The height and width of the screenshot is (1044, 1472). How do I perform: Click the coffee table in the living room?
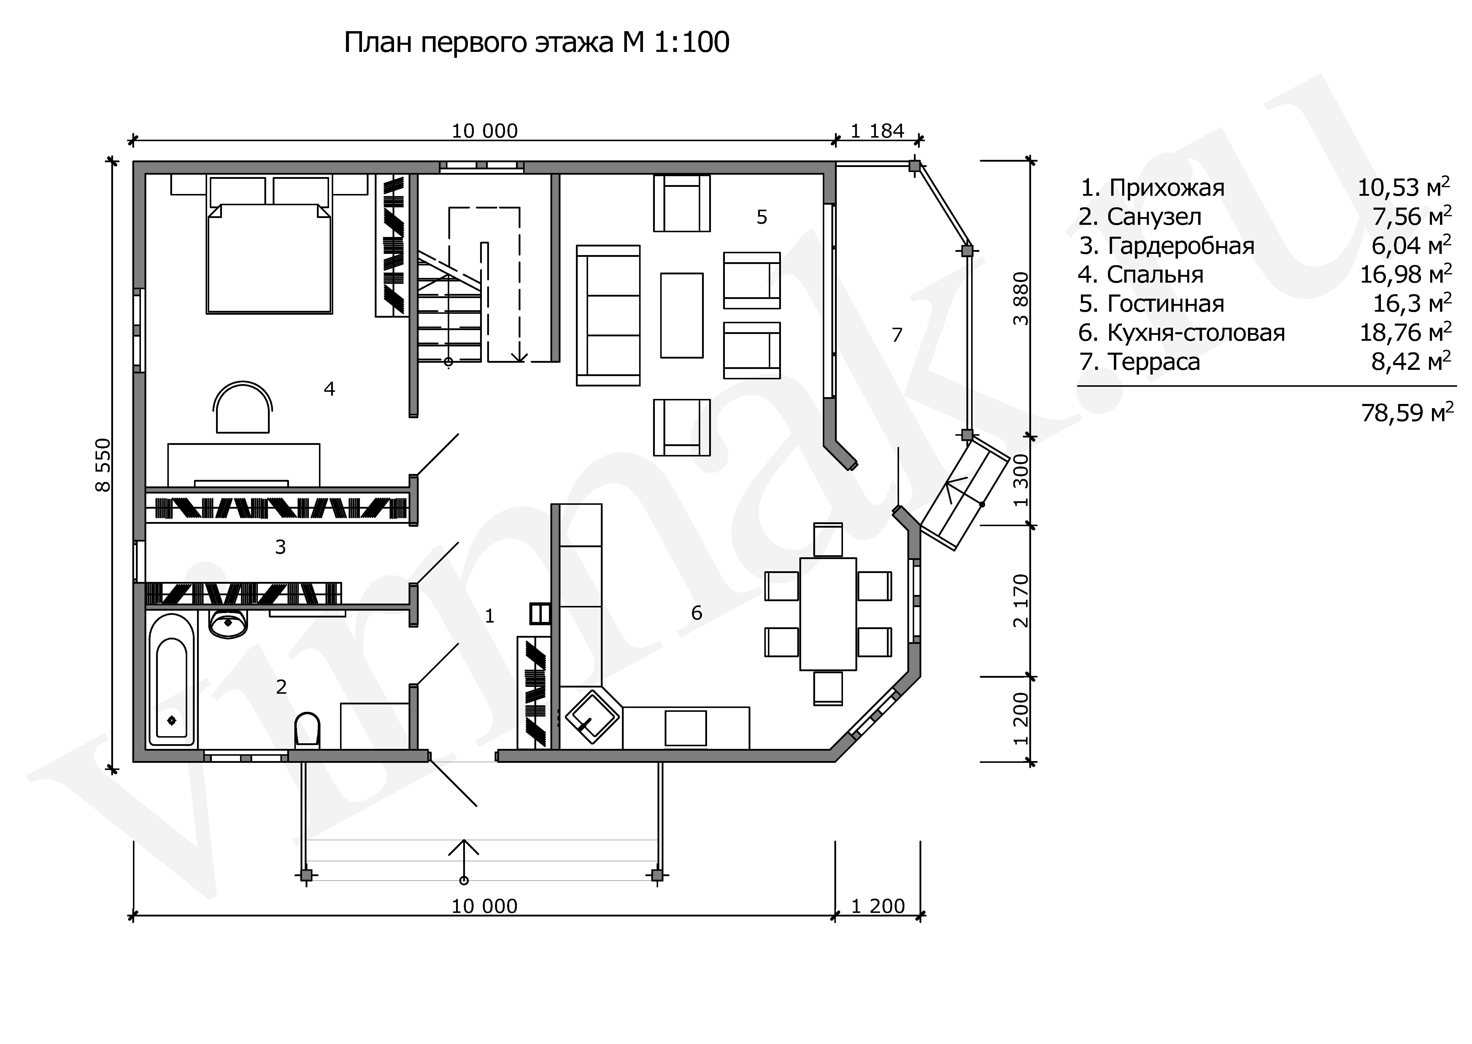682,315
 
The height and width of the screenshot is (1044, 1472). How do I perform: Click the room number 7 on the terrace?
897,335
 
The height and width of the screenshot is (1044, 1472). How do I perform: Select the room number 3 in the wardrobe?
280,547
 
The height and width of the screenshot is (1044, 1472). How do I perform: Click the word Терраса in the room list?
1153,362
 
